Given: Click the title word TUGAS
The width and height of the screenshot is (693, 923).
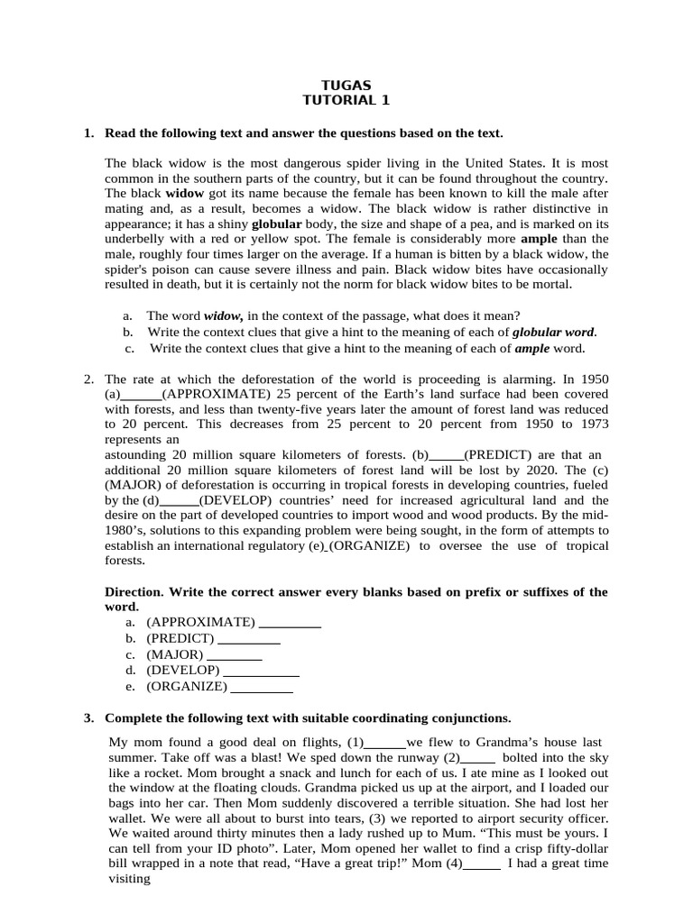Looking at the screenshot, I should [346, 86].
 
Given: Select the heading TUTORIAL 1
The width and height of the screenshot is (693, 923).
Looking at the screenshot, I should [346, 101].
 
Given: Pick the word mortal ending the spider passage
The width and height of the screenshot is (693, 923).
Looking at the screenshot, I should [550, 284].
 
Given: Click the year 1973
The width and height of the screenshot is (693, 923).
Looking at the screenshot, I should [591, 424].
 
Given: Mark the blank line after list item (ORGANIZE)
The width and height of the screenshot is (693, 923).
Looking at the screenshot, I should [262, 687].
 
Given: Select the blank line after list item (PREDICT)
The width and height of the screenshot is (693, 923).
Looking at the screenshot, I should [249, 638].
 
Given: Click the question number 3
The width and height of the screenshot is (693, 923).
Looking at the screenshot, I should [88, 718].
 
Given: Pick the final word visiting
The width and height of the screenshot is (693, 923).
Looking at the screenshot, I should [129, 879].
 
